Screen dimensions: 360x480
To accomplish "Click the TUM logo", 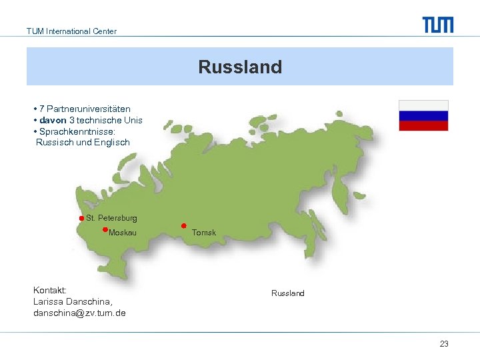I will (x=437, y=25).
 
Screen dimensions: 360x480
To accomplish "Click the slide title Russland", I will (x=240, y=67).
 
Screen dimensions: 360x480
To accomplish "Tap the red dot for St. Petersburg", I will (x=81, y=219).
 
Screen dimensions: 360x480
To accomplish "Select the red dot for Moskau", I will (x=105, y=229).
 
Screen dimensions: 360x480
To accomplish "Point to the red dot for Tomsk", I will (x=183, y=225).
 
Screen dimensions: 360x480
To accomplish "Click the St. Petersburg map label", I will (x=111, y=218).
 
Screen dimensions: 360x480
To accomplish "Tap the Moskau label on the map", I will (x=123, y=233).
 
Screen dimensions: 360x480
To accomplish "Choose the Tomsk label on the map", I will (x=204, y=233).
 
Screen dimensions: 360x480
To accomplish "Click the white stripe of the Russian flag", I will (x=423, y=105).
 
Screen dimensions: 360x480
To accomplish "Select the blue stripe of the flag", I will (x=423, y=115).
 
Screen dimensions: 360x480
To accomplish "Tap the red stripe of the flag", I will (x=423, y=125).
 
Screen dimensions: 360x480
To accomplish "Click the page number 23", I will (x=444, y=344).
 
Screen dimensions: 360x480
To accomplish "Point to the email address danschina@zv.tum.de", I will (x=80, y=313).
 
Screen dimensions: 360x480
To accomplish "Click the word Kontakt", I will (x=49, y=291).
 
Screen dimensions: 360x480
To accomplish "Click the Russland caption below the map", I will (x=287, y=293).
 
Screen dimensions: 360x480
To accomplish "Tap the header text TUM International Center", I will (x=71, y=31).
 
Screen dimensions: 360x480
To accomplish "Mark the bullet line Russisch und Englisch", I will (x=83, y=142).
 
